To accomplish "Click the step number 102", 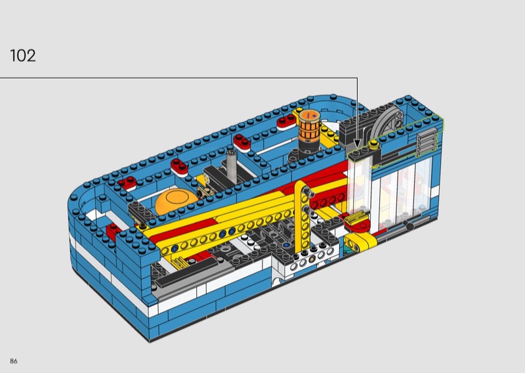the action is click(x=23, y=56).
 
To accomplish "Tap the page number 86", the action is click(x=14, y=361).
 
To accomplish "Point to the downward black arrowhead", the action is click(x=357, y=143).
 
